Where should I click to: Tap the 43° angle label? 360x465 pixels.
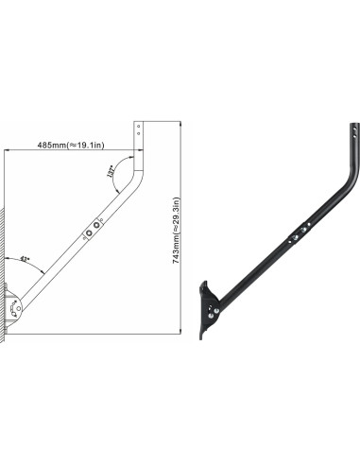25,258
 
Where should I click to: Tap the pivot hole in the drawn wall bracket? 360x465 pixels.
14,306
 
